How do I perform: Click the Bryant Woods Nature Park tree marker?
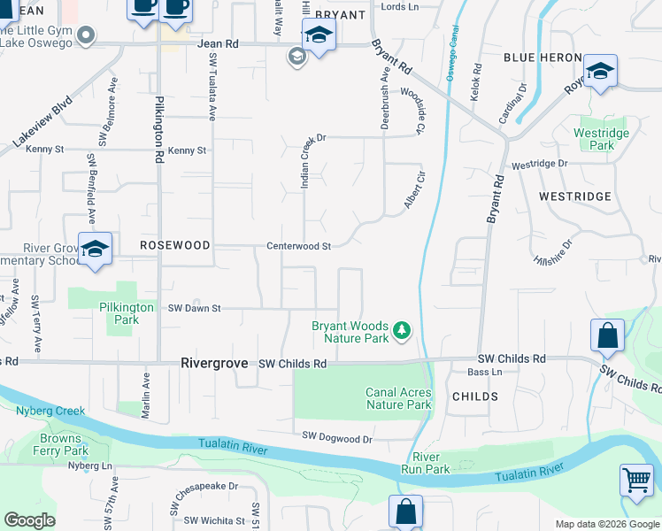[403, 331]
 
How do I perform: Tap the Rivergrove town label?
[215, 363]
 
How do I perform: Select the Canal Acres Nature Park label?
[398, 398]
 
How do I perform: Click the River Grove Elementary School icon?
[95, 250]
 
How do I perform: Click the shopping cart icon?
[636, 482]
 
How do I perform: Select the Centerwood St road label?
[299, 246]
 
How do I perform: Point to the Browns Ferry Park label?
[65, 444]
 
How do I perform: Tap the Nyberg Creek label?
[50, 411]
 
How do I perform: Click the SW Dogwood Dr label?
[337, 437]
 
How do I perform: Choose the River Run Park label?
[432, 463]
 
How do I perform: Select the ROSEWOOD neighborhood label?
[174, 244]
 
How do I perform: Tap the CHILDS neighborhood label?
[474, 396]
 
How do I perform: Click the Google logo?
[29, 520]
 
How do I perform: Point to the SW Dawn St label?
[193, 308]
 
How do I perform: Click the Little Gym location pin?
[85, 36]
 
